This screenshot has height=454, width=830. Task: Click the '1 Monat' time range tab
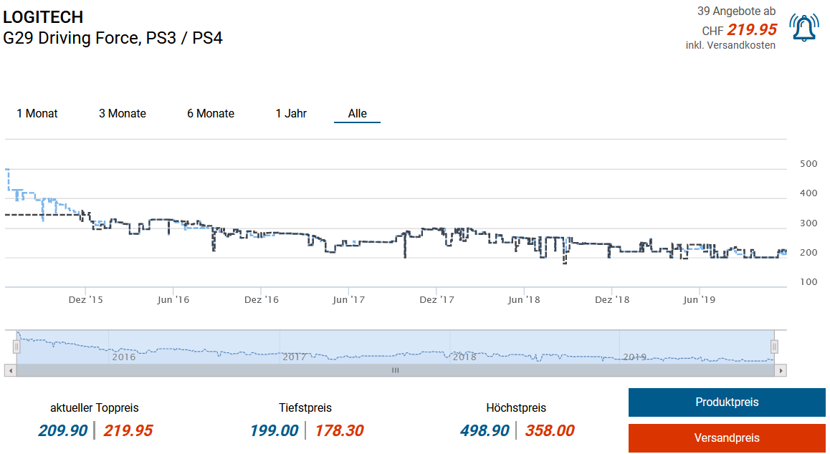pos(37,113)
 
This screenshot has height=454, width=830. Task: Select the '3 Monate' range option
pos(123,113)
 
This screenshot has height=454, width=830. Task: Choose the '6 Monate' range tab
pos(211,113)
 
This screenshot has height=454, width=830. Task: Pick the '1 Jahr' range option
pos(291,113)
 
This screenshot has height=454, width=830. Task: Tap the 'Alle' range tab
pos(357,113)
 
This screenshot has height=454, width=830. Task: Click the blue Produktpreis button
pos(727,402)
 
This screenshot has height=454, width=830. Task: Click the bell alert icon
pos(804,27)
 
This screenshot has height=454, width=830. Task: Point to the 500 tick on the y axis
pos(808,164)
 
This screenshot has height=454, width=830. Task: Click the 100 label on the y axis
pos(808,282)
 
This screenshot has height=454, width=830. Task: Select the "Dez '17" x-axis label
pos(437,299)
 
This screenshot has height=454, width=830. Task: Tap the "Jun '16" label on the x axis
pos(173,299)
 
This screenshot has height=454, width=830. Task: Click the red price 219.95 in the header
pos(752,29)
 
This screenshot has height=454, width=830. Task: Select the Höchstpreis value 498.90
pos(485,430)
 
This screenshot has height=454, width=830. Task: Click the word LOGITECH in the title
pos(43,17)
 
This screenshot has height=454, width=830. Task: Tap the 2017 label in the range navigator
pos(294,356)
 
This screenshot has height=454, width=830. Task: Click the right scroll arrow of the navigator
pos(781,370)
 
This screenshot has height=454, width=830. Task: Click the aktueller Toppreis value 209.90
pos(63,430)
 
